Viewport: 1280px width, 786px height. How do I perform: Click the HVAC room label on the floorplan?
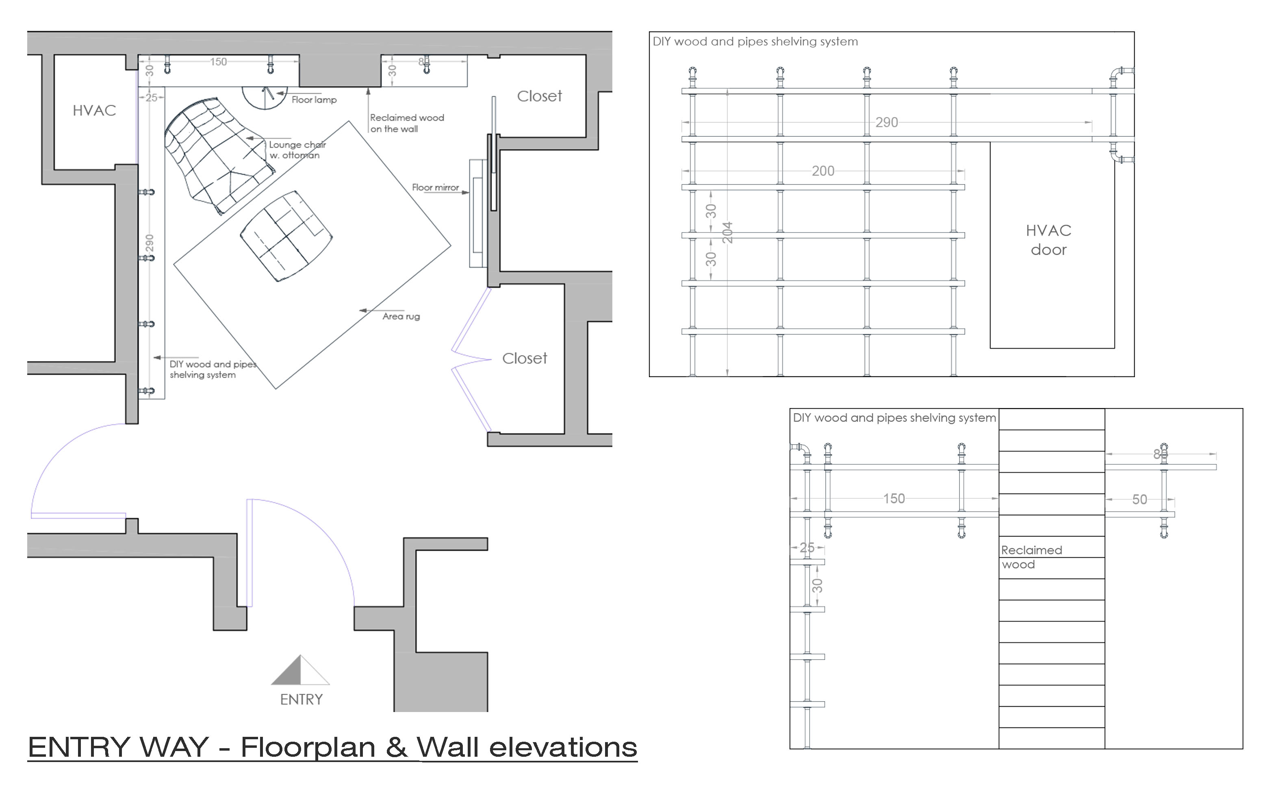coord(94,110)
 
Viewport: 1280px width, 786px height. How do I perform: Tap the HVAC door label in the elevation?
coord(1048,240)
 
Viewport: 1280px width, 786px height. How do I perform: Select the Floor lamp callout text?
coord(314,100)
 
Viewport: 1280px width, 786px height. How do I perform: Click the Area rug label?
coord(401,316)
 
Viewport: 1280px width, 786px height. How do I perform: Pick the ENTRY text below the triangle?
coord(302,700)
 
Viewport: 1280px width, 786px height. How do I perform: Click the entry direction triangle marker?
coord(300,670)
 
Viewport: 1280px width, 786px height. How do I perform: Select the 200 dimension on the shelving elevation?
coord(823,171)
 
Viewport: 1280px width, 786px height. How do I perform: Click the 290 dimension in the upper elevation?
coord(887,123)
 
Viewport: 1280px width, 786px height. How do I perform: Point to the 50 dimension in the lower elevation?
coord(1140,499)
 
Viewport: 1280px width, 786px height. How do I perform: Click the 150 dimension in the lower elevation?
coord(894,499)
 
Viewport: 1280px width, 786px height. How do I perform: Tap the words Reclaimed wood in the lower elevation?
coord(1032,557)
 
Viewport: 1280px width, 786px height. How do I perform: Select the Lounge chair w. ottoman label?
coord(297,150)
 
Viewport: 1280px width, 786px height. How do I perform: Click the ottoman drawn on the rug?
coord(286,236)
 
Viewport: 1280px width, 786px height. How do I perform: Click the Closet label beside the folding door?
coord(524,358)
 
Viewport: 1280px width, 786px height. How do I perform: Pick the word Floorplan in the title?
coord(308,748)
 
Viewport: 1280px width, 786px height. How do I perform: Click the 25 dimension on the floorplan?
coord(151,97)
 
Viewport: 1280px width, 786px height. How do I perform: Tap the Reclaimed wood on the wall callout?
coord(407,123)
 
